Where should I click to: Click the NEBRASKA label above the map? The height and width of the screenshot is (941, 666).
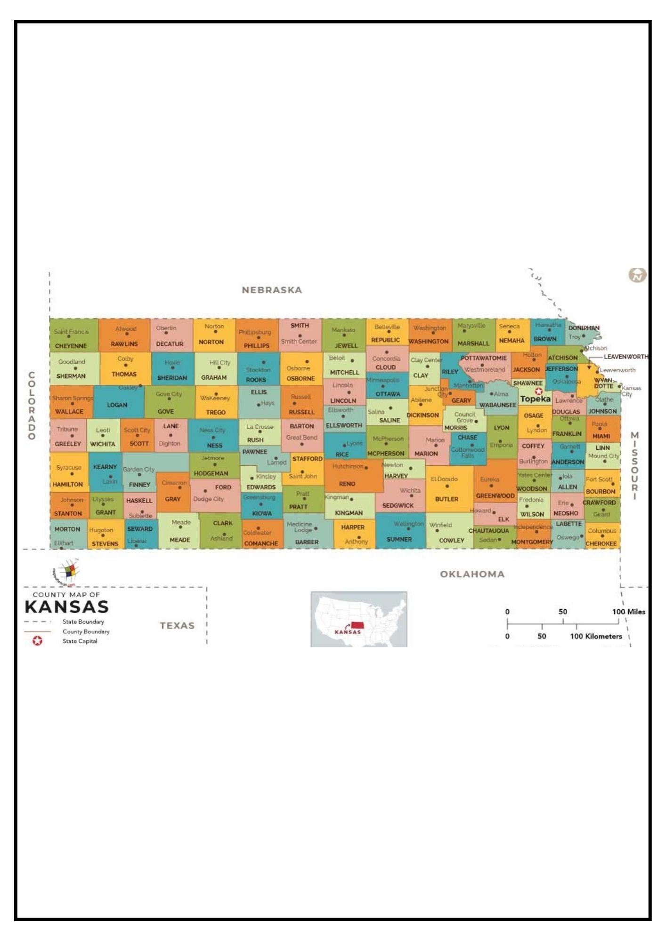pos(272,290)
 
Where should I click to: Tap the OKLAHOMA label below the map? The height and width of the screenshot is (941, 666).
pos(472,574)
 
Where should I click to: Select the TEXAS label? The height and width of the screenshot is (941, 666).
pos(177,626)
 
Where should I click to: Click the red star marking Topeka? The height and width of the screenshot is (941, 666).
pos(539,391)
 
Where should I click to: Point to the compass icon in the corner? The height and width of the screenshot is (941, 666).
pos(637,275)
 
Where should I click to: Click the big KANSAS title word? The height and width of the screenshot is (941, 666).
pos(67,607)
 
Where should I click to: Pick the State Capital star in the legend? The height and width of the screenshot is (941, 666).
pos(37,641)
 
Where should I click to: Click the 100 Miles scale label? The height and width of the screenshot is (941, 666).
pos(628,612)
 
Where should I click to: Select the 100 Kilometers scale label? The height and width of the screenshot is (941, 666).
pos(596,637)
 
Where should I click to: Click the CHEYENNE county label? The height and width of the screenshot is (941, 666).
pos(71,346)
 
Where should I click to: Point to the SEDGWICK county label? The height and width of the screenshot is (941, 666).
pos(398,506)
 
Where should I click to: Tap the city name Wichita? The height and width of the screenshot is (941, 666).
pos(410,491)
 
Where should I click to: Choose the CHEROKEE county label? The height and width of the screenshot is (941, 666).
pos(601,544)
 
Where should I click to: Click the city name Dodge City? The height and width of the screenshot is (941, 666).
pos(208,499)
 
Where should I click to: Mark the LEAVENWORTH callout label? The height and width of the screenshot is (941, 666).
pos(626,357)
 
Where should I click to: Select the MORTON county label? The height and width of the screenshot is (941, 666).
pos(67,529)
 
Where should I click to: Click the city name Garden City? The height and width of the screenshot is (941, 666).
pos(138,470)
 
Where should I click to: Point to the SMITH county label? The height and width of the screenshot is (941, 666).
pos(300,326)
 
